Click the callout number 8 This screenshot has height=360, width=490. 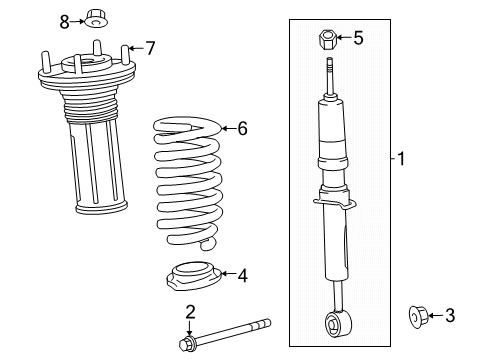click(x=64, y=22)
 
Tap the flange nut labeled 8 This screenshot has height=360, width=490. click(x=95, y=19)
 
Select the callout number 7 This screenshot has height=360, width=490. click(x=151, y=48)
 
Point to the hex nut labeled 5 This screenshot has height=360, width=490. click(x=327, y=39)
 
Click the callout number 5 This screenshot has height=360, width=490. click(x=358, y=38)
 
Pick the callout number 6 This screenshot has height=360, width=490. click(x=243, y=128)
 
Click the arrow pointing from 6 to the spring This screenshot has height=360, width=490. click(x=229, y=128)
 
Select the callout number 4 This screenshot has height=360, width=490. click(x=243, y=276)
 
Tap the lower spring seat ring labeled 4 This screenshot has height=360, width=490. click(x=193, y=276)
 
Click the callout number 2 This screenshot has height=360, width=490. click(x=190, y=312)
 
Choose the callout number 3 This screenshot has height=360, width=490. click(x=450, y=315)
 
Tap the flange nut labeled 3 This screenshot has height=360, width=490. click(x=418, y=316)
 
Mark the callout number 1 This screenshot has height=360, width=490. click(x=401, y=159)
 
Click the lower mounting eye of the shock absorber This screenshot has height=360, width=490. click(x=338, y=323)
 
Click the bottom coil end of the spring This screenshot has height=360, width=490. click(x=208, y=244)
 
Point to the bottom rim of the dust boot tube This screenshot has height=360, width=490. click(x=102, y=208)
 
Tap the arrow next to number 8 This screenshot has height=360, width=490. click(x=77, y=22)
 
